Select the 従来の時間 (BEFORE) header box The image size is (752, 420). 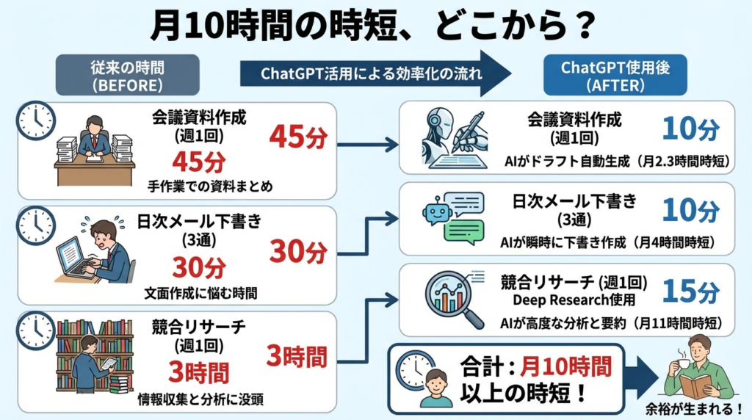[x=128, y=76]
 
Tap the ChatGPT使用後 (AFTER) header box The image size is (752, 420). [x=593, y=76]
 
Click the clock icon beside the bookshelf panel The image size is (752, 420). [x=37, y=329]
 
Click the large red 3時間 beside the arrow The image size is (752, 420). [x=297, y=358]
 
